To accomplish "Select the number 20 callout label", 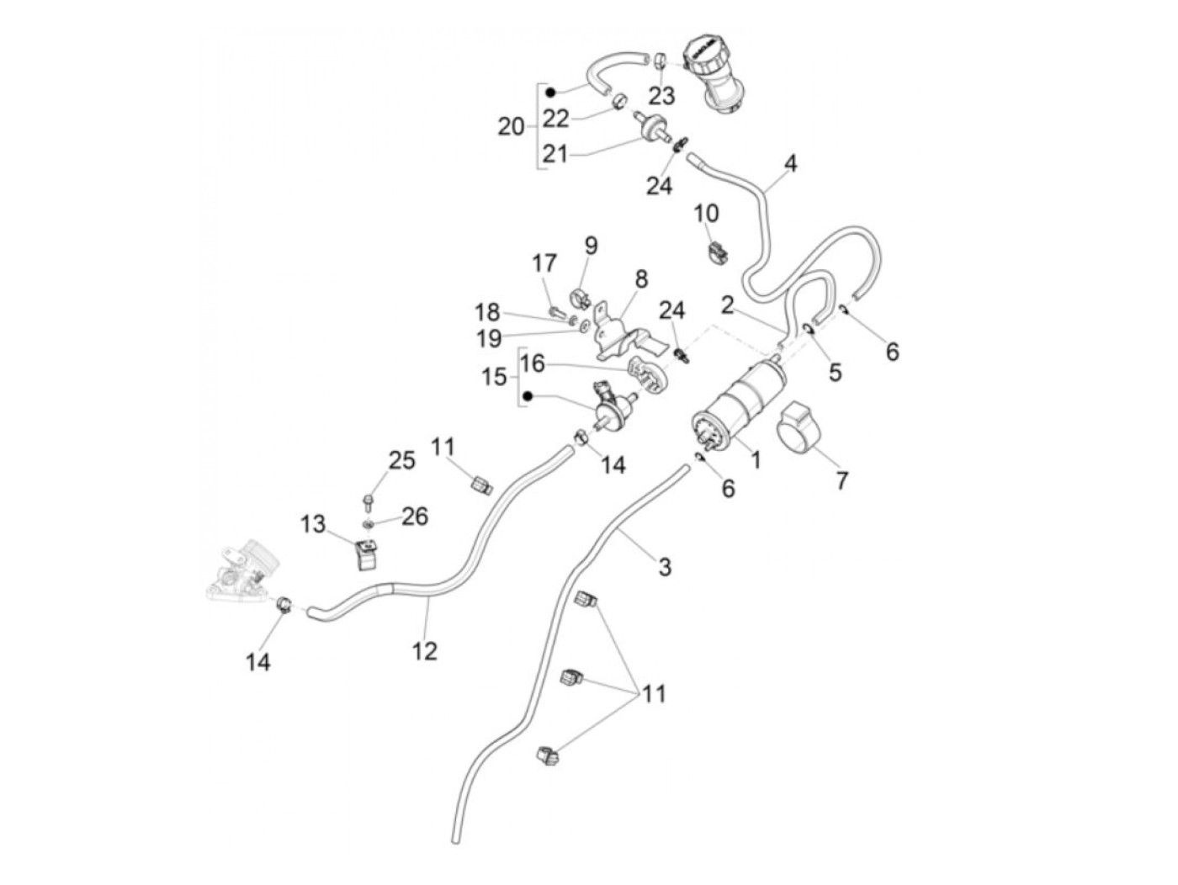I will click(x=511, y=127).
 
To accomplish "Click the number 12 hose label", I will click(x=426, y=650).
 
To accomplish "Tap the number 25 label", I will click(x=401, y=460).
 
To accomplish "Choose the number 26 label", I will click(x=414, y=516).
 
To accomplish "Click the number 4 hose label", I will click(x=790, y=163).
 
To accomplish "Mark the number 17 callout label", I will click(x=544, y=263).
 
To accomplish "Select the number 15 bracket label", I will click(x=495, y=376).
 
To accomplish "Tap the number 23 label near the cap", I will click(x=661, y=95).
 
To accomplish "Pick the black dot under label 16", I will click(x=528, y=396).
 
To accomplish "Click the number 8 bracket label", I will click(x=641, y=278).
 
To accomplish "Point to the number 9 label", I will click(x=591, y=246).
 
